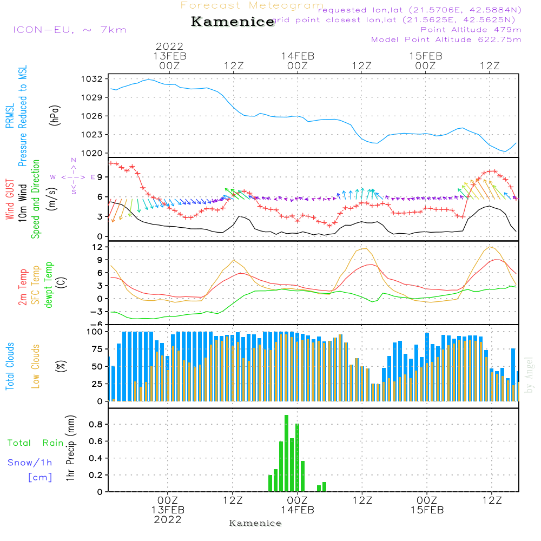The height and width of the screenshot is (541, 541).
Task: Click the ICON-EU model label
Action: coord(69,30)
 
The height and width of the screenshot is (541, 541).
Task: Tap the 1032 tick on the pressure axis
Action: coord(91,79)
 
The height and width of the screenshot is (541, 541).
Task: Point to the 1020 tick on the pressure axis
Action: coord(91,153)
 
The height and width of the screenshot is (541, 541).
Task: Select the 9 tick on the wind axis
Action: coord(99,177)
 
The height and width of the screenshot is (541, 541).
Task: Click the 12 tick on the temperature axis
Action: coord(97,247)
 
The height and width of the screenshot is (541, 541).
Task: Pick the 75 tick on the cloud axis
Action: coord(96,349)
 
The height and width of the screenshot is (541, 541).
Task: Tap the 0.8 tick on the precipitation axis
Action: coord(96,425)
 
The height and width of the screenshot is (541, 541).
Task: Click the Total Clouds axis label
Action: coord(10,366)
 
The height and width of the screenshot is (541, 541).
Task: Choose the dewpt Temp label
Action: coord(49,285)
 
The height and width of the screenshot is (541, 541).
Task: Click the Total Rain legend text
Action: coord(36,443)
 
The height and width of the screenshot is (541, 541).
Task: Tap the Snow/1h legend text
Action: coord(30,463)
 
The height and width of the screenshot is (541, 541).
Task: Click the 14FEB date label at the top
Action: coord(297,56)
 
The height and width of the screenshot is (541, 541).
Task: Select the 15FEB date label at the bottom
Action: coord(426,510)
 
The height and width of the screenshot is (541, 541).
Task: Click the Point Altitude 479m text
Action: coord(471,30)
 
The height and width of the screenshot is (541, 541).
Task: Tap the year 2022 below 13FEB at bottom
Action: coord(168,520)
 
